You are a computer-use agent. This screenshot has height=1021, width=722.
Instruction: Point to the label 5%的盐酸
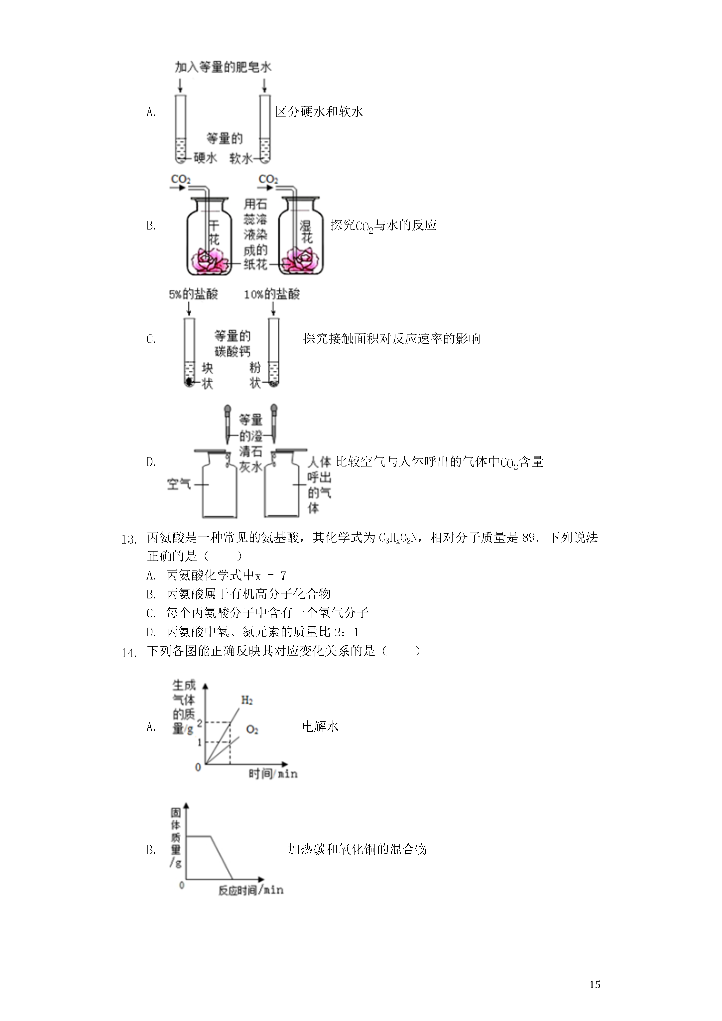tap(193, 294)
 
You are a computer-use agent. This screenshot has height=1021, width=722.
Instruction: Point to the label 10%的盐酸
tap(272, 294)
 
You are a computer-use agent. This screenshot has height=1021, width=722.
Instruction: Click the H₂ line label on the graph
tap(247, 700)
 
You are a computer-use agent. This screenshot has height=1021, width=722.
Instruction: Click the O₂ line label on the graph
tap(252, 729)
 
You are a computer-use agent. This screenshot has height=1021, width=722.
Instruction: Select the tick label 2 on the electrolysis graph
tap(199, 723)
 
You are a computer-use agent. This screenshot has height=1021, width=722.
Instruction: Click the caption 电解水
tap(320, 727)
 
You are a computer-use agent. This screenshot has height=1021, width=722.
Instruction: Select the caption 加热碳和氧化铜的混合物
tap(357, 849)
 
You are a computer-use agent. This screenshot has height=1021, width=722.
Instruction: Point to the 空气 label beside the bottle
tap(179, 484)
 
